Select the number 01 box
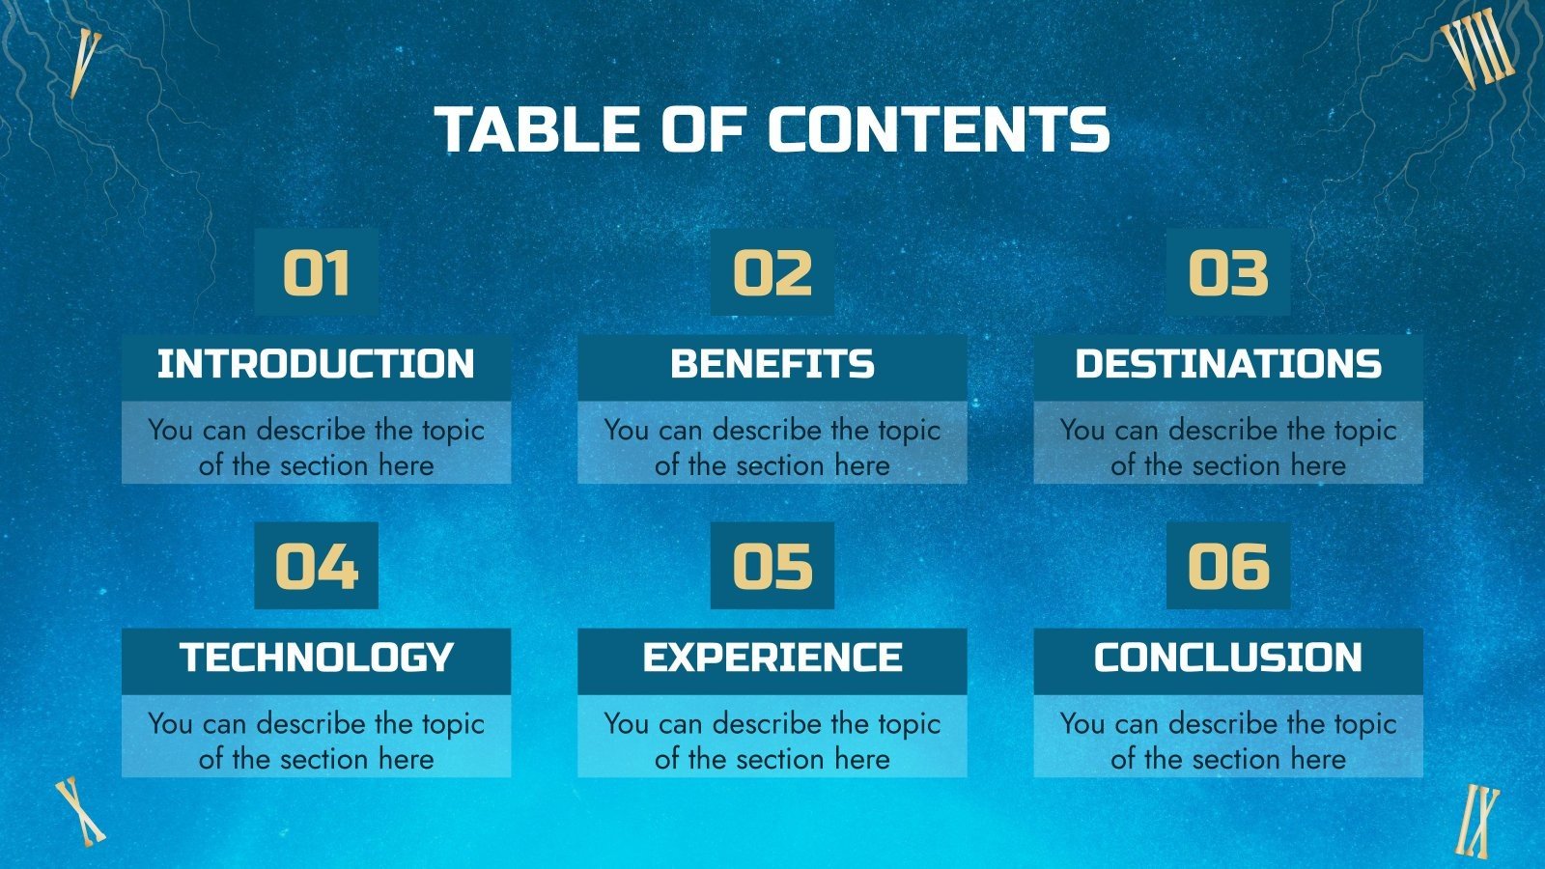click(316, 273)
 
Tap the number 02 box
click(772, 273)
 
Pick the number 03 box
click(1227, 273)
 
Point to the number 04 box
click(316, 567)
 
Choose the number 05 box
click(772, 567)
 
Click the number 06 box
click(1227, 567)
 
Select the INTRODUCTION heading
click(316, 365)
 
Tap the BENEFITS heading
click(772, 365)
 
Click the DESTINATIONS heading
click(1227, 365)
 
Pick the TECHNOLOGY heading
click(316, 659)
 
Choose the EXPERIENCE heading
click(772, 659)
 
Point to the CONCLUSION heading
click(1227, 659)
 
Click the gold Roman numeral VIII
click(1477, 48)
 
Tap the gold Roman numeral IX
click(1478, 821)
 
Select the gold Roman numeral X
click(79, 811)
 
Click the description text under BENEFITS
click(772, 447)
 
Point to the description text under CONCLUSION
click(1227, 741)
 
